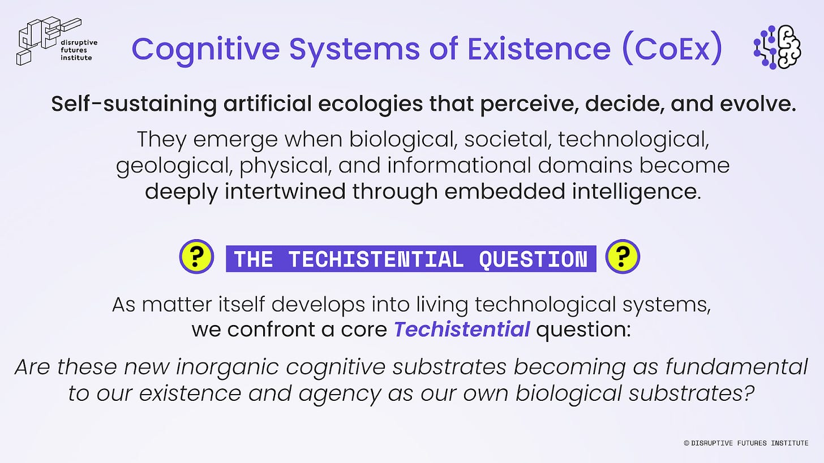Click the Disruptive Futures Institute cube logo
[x=49, y=41]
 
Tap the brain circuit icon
[x=777, y=47]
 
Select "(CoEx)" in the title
[x=673, y=48]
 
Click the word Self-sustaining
[x=134, y=104]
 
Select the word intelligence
[x=636, y=192]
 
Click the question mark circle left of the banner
[x=197, y=257]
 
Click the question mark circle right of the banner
[x=623, y=257]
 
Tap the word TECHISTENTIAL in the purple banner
[x=376, y=259]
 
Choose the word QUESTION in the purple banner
[x=533, y=259]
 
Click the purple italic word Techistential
[x=462, y=329]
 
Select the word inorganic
[x=227, y=367]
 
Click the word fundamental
[x=736, y=366]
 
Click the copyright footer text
[x=746, y=443]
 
